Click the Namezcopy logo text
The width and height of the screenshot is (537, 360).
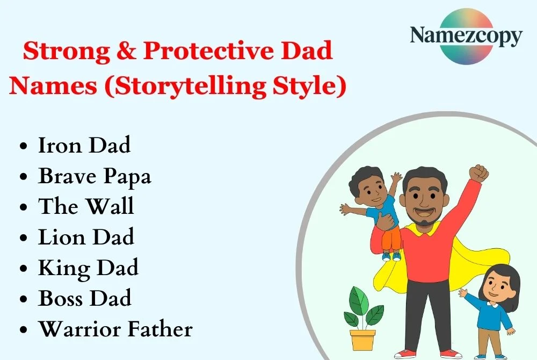coord(466,37)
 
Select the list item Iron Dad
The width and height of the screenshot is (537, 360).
coord(84,145)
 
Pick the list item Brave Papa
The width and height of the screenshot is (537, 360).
coord(95,176)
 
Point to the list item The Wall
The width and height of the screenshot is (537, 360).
coord(86,206)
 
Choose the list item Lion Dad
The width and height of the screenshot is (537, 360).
coord(86,237)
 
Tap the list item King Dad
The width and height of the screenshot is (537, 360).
coord(88,268)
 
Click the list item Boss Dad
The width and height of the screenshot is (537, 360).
coord(85,298)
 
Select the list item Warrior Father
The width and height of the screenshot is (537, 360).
coord(115,329)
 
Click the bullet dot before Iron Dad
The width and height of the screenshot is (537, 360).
coord(23,147)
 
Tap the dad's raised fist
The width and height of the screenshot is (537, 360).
coord(478,174)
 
